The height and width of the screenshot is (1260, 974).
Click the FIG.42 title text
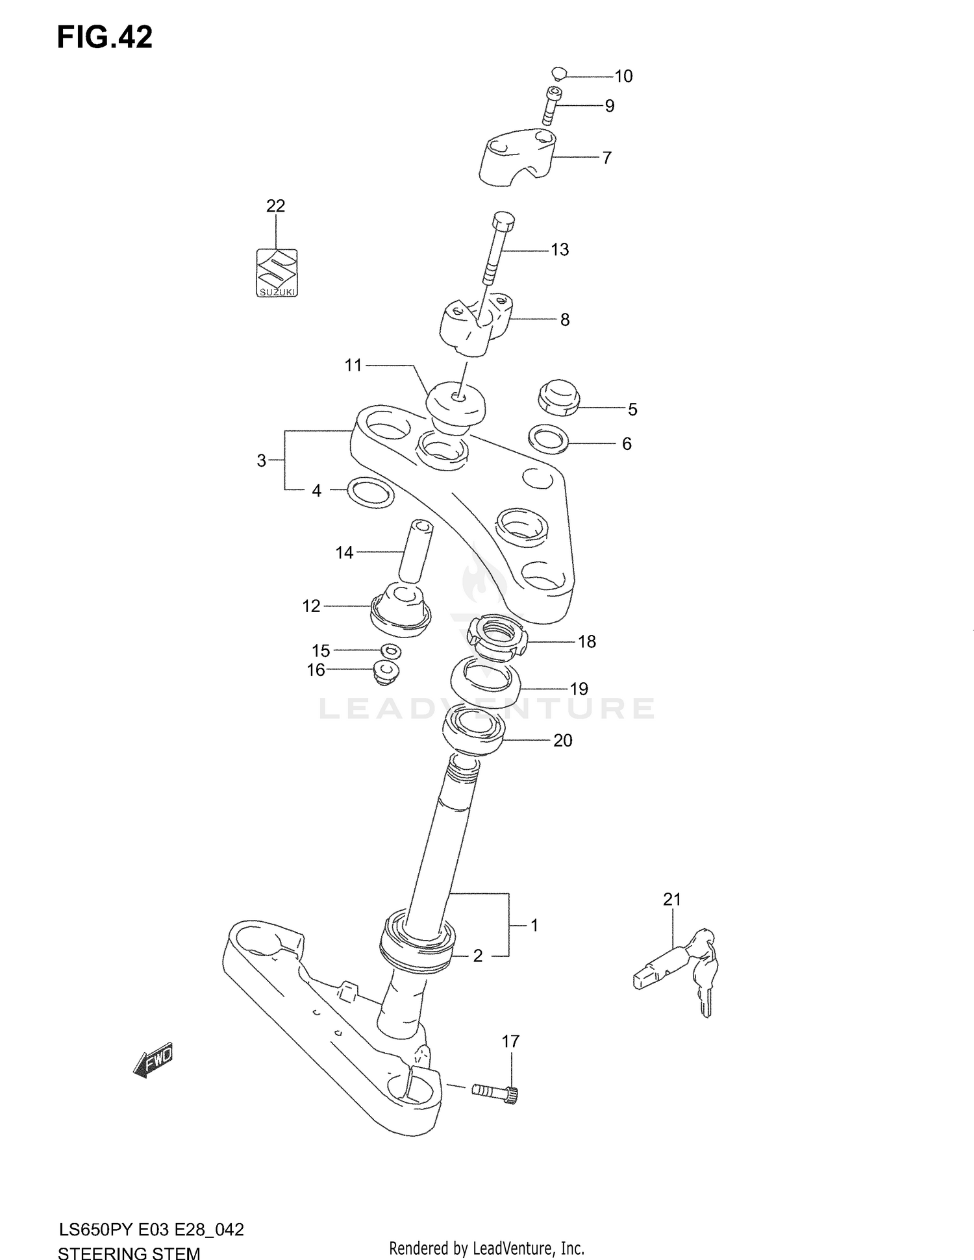(105, 38)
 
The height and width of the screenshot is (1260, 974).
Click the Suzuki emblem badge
(276, 273)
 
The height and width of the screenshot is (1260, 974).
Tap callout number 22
(275, 206)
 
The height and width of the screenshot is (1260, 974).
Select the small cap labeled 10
(559, 73)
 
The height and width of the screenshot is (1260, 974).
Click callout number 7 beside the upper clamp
(606, 158)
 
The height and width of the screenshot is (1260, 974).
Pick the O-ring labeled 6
(549, 439)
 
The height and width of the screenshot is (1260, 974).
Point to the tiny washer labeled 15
(391, 650)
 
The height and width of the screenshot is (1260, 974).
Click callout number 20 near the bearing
(562, 740)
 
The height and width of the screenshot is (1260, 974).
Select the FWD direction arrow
(153, 1060)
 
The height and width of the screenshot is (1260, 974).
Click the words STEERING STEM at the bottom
(129, 1252)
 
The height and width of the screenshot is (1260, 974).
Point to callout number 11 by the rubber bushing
(353, 365)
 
